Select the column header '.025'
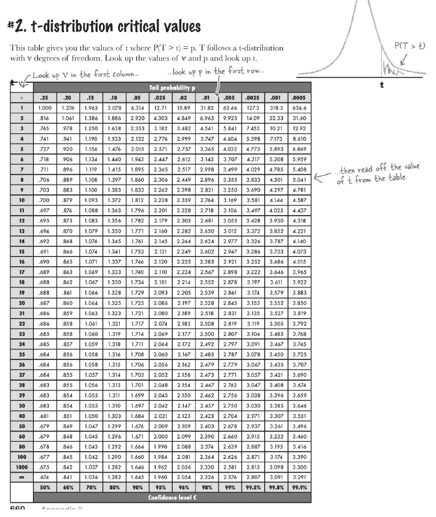161,98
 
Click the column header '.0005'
299,98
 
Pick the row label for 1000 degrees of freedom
22,467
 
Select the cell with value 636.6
299,108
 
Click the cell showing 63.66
230,108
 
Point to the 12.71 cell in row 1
161,108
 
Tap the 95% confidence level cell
161,488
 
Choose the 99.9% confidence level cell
299,488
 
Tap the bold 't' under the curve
382,85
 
